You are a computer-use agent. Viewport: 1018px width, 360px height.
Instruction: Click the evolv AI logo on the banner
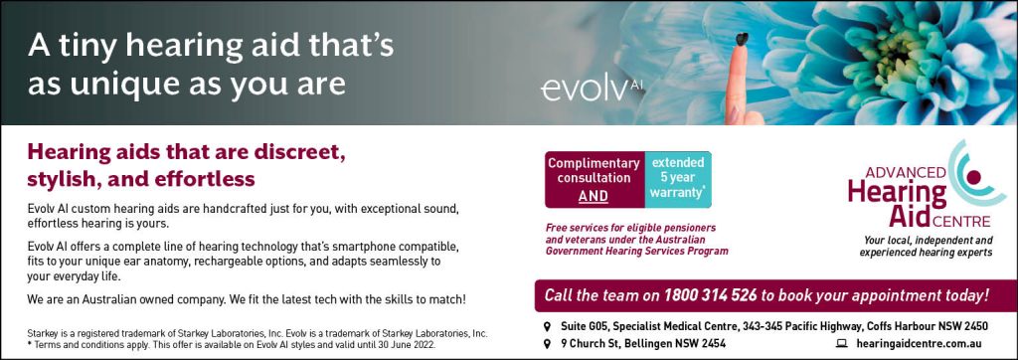tap(593, 90)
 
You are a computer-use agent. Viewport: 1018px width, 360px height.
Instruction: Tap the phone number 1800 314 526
tap(710, 295)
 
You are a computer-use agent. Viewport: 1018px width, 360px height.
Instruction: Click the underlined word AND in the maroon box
tap(594, 196)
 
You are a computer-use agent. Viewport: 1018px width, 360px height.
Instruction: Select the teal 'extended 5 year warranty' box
tap(678, 179)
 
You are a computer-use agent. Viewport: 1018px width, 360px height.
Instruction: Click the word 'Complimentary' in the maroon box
tap(594, 163)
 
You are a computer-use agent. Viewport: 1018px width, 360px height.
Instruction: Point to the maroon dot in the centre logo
tap(972, 176)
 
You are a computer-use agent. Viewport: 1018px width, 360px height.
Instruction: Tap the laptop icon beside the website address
tap(842, 344)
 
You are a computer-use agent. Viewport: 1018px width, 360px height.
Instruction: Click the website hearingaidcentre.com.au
tap(919, 344)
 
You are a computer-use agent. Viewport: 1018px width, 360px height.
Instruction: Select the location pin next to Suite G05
tap(547, 325)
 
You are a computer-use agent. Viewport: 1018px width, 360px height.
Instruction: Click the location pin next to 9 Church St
tap(547, 344)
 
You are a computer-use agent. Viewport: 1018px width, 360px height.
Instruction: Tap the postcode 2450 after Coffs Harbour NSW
tap(976, 325)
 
